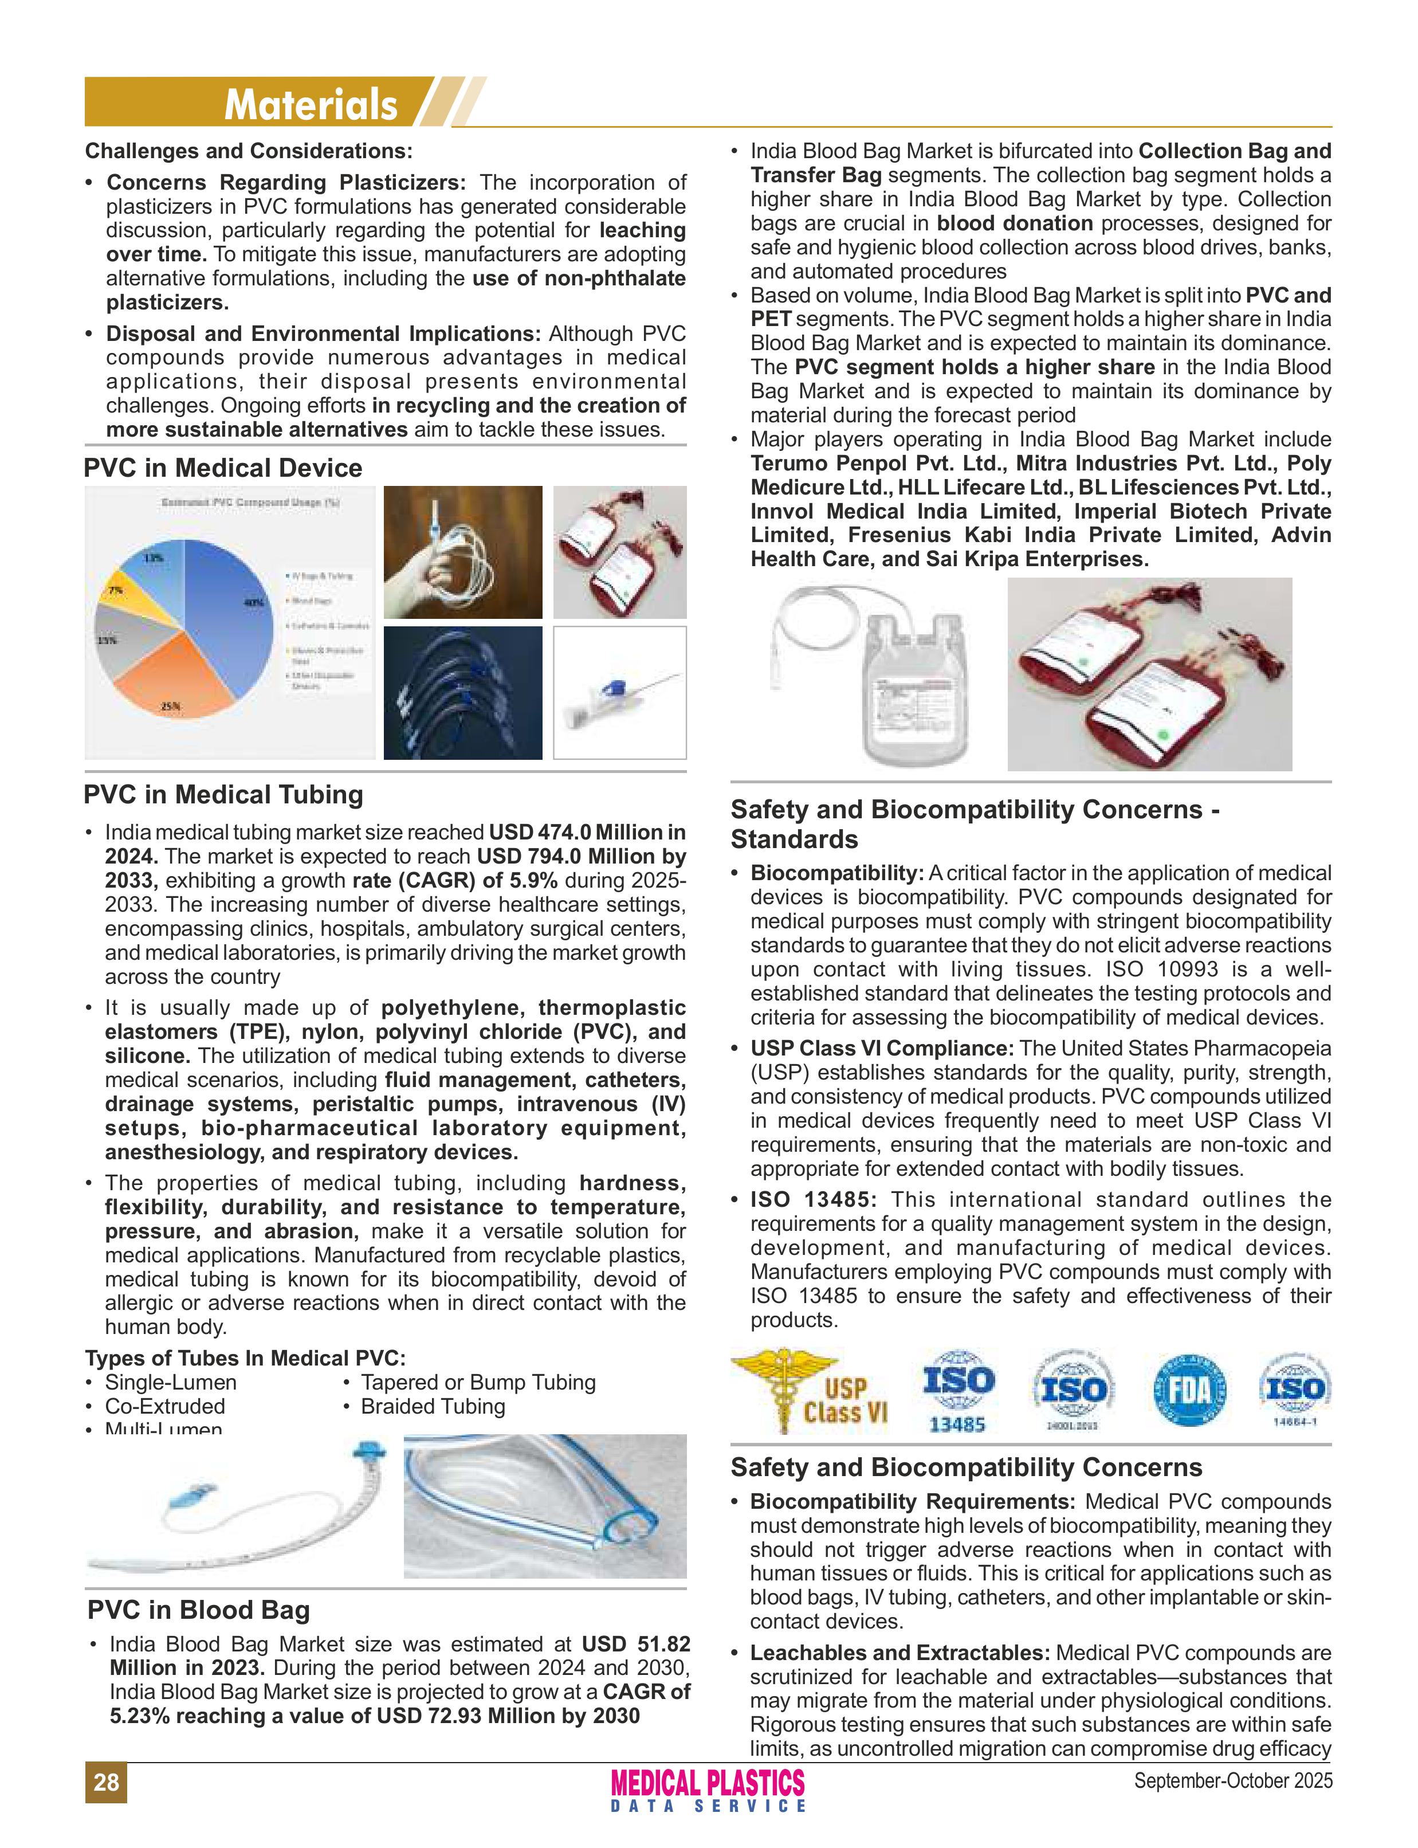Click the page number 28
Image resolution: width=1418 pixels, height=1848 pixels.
(x=105, y=1782)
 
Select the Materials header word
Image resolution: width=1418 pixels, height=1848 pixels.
(x=311, y=105)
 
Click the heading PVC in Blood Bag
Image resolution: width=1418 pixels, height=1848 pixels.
(x=198, y=1609)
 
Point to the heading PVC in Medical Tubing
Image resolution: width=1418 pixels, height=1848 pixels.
(x=223, y=794)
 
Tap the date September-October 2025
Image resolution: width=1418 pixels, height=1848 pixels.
(x=1233, y=1780)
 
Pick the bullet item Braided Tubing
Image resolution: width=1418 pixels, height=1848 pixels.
(x=432, y=1406)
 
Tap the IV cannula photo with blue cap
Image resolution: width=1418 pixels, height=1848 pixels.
(x=619, y=692)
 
